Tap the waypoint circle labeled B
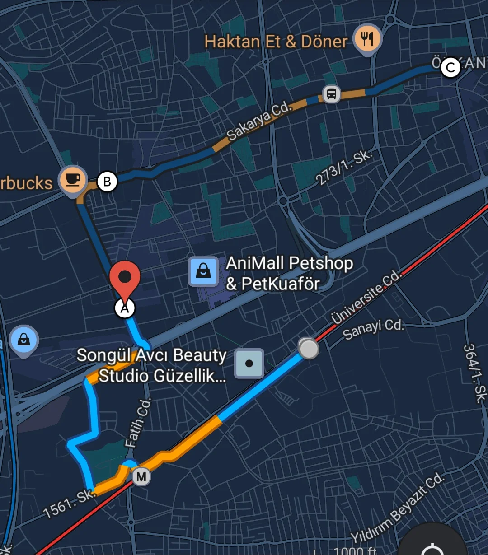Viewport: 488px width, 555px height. pos(107,182)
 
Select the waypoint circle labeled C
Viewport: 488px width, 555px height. pos(450,68)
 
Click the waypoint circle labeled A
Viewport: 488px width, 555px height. pos(125,308)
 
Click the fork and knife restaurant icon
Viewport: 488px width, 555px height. pos(367,39)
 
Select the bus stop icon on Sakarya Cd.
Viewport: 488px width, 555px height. pos(331,94)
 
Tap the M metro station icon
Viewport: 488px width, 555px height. pos(141,476)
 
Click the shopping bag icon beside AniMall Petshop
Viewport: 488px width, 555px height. pos(203,271)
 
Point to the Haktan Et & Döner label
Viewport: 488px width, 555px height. pos(276,42)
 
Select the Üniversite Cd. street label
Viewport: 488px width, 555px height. pos(366,297)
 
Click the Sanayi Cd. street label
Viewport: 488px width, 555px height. pos(373,329)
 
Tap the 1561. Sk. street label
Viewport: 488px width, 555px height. pos(70,503)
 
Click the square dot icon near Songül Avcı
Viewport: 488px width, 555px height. pos(249,364)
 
